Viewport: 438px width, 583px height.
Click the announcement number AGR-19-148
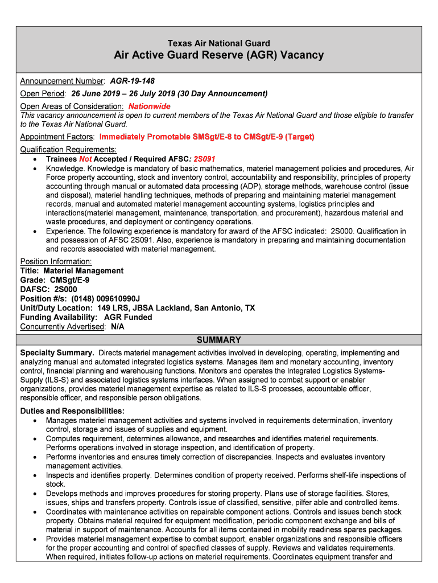[132, 81]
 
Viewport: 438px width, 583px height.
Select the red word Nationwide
[149, 106]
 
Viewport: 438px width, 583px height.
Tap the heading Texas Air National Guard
[218, 43]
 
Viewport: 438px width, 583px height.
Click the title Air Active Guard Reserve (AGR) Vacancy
[218, 55]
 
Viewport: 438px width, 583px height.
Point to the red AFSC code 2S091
[204, 159]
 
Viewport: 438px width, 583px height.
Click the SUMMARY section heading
[218, 340]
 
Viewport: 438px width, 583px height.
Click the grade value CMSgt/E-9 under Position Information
[69, 280]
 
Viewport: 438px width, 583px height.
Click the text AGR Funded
[128, 317]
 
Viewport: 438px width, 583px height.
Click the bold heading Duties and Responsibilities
[72, 411]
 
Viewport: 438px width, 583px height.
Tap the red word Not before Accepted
[85, 159]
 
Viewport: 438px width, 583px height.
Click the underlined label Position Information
[56, 261]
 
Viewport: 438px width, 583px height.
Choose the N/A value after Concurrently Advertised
[117, 327]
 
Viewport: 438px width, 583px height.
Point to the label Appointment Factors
[57, 137]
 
